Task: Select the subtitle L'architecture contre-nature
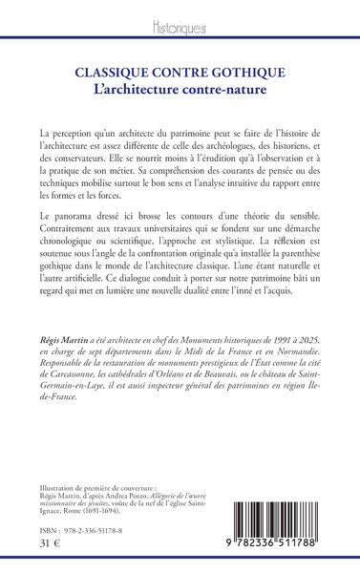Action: coord(180,88)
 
